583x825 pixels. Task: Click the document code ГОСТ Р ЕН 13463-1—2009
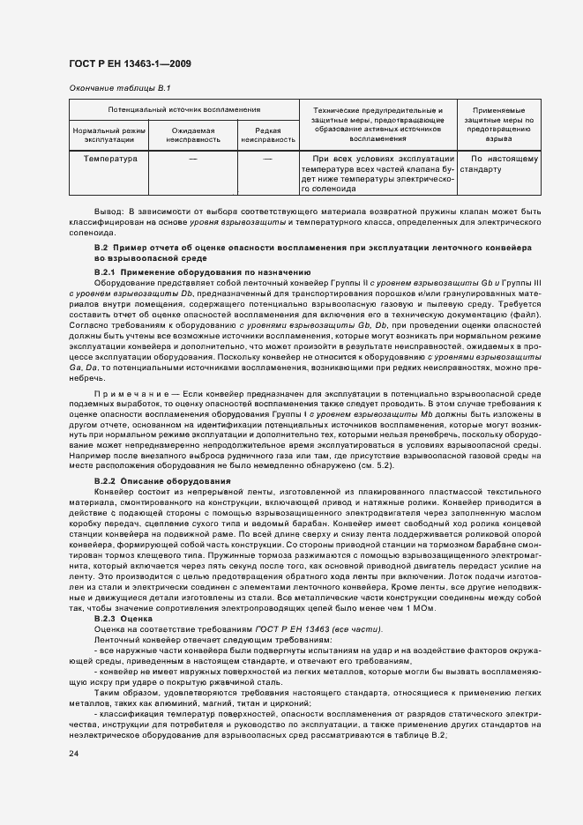coord(130,63)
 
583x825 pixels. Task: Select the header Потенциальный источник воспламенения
coord(183,110)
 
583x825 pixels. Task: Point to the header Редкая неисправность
coord(267,135)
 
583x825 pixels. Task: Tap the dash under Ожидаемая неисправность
coord(192,160)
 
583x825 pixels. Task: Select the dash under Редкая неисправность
coord(267,160)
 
